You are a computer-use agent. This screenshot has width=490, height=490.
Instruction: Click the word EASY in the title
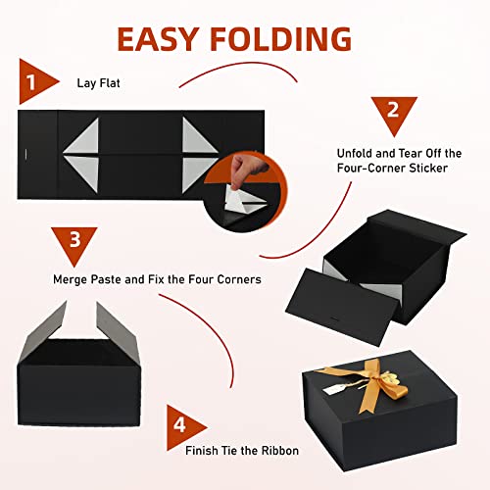pyautogui.click(x=168, y=38)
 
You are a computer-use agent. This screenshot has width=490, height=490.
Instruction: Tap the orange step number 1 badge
pyautogui.click(x=32, y=81)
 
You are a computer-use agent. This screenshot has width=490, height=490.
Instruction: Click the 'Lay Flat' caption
pyautogui.click(x=99, y=82)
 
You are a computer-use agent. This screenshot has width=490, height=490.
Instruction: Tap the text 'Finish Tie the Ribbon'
pyautogui.click(x=242, y=450)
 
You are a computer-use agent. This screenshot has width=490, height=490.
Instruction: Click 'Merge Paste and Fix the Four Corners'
pyautogui.click(x=157, y=279)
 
